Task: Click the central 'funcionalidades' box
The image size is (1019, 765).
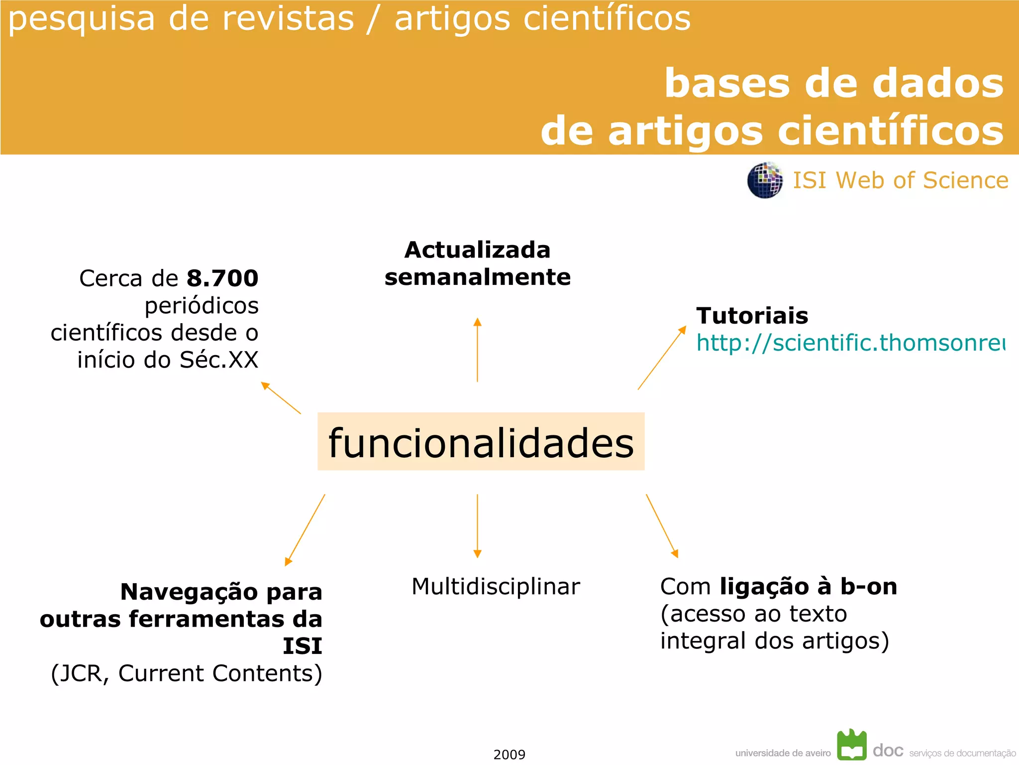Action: pyautogui.click(x=481, y=442)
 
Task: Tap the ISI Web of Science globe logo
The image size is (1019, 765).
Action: pyautogui.click(x=764, y=180)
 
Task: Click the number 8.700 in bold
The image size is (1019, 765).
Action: pyautogui.click(x=222, y=278)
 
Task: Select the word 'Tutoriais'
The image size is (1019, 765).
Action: pyautogui.click(x=752, y=316)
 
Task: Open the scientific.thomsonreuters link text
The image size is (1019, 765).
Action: pyautogui.click(x=850, y=343)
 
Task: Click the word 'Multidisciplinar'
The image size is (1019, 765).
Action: pyautogui.click(x=496, y=586)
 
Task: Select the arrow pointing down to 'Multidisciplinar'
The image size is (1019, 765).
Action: pyautogui.click(x=477, y=526)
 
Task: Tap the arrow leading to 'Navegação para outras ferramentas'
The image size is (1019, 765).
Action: pyautogui.click(x=305, y=530)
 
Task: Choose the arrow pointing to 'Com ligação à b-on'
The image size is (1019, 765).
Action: pyautogui.click(x=662, y=526)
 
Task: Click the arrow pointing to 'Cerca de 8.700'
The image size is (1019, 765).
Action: pyautogui.click(x=281, y=398)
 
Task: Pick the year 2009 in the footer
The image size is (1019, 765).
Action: pyautogui.click(x=509, y=755)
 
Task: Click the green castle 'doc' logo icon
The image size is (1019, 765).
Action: pyautogui.click(x=851, y=745)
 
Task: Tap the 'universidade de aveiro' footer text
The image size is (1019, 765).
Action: pyautogui.click(x=783, y=753)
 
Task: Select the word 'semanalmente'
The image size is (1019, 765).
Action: pyautogui.click(x=477, y=277)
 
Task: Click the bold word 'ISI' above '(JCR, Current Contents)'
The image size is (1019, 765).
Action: pyautogui.click(x=302, y=646)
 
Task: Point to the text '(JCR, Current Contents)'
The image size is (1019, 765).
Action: pyautogui.click(x=187, y=673)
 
